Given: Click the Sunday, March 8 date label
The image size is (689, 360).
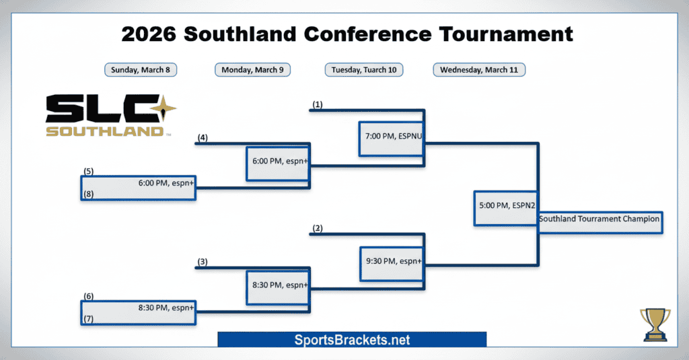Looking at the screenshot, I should [141, 70].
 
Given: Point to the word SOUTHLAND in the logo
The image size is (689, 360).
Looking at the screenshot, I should [104, 131].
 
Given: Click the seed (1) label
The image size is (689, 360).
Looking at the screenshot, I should [318, 104].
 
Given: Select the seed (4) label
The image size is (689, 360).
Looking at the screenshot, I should [203, 138].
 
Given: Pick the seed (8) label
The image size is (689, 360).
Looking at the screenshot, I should [88, 194].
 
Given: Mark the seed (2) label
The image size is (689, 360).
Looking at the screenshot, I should [318, 228].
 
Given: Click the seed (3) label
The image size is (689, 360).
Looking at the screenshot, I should [203, 262].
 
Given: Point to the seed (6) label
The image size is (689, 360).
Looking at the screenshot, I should [88, 296].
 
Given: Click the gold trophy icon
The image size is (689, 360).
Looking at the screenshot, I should [655, 325].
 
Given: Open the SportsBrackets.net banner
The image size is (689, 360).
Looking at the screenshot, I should [352, 340].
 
